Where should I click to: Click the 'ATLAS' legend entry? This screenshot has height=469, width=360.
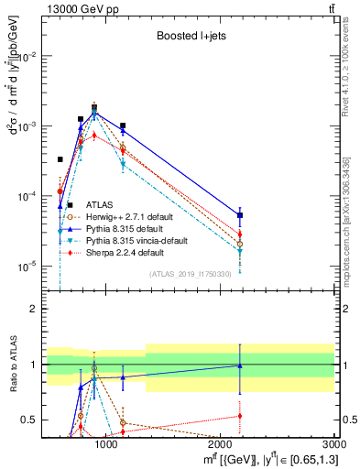(101, 204)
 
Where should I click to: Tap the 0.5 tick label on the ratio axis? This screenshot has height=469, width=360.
(29, 420)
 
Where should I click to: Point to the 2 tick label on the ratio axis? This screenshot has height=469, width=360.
(34, 309)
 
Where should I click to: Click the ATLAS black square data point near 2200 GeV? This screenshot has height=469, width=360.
(240, 215)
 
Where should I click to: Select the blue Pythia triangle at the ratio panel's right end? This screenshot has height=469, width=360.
(240, 365)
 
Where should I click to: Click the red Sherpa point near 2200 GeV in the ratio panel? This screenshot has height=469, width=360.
(240, 416)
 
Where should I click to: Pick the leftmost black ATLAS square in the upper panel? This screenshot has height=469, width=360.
(60, 159)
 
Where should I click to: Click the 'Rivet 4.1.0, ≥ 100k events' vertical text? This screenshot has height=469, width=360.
(345, 64)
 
